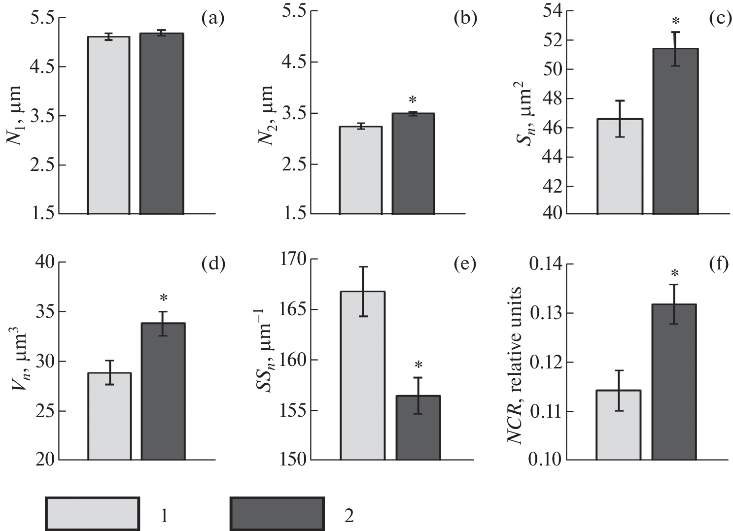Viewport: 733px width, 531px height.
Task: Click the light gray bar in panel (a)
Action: [x=108, y=126]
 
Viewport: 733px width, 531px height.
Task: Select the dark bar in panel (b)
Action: [x=413, y=164]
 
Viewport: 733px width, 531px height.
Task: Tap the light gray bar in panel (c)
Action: [x=620, y=166]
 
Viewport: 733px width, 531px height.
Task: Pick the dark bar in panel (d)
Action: [x=163, y=392]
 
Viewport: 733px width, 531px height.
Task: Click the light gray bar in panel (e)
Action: [x=363, y=375]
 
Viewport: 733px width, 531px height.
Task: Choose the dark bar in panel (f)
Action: [x=674, y=382]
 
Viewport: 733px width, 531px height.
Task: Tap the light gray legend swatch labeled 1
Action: [x=92, y=514]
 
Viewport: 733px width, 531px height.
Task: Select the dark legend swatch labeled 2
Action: [x=277, y=514]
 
